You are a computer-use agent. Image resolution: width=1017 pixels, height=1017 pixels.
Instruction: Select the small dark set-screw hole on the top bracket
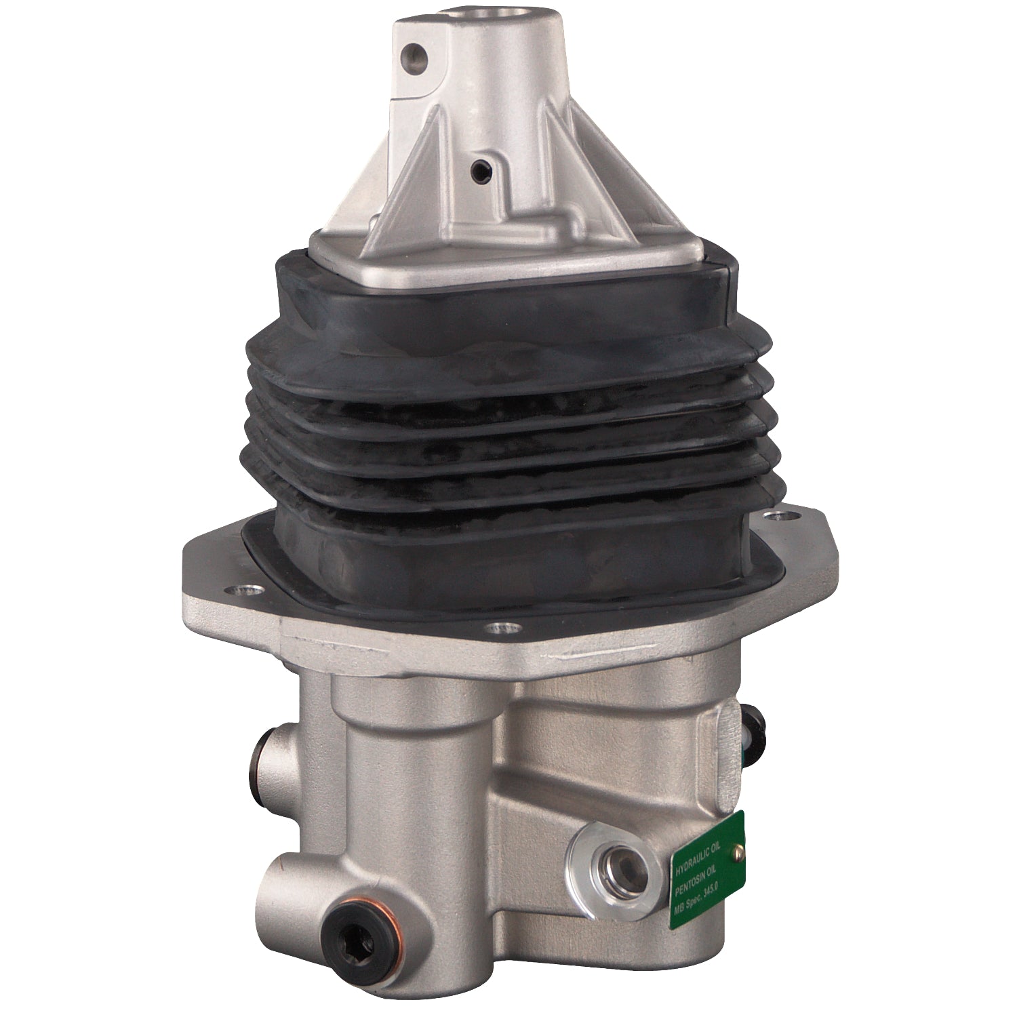click(482, 167)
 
